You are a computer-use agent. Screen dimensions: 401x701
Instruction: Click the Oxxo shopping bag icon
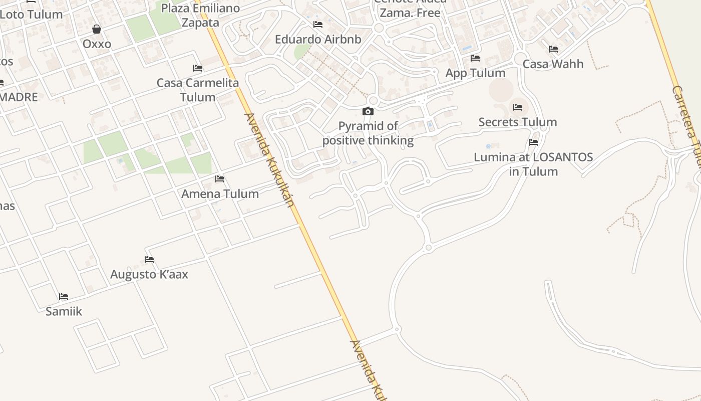(97, 29)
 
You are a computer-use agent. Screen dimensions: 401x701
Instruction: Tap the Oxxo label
(97, 44)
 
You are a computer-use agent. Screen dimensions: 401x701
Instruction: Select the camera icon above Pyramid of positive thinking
(368, 111)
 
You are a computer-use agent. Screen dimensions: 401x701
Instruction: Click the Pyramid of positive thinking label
(368, 133)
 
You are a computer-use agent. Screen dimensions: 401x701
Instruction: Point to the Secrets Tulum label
(518, 122)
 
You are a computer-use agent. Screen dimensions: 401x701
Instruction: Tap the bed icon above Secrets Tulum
(518, 107)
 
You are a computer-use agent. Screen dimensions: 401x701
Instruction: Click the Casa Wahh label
(553, 64)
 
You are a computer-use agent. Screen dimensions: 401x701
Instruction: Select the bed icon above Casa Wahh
(553, 49)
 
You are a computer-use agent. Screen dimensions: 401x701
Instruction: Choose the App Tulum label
(475, 73)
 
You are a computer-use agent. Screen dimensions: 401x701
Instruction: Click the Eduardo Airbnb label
(318, 39)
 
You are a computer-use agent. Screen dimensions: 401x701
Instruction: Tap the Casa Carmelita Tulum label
(198, 90)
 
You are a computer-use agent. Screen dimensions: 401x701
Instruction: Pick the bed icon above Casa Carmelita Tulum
(198, 68)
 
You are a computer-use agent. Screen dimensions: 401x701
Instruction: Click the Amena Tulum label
(220, 193)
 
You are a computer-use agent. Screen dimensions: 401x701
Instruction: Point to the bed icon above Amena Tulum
(220, 179)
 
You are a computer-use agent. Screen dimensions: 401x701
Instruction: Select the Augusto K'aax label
(149, 274)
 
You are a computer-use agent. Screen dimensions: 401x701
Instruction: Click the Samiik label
(64, 311)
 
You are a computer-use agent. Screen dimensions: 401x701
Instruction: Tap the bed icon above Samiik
(64, 297)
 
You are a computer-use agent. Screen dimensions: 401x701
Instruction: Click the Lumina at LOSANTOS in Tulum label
(533, 164)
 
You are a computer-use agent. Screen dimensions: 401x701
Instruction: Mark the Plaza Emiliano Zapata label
(200, 16)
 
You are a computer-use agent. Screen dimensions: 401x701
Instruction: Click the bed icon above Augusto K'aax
(149, 260)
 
